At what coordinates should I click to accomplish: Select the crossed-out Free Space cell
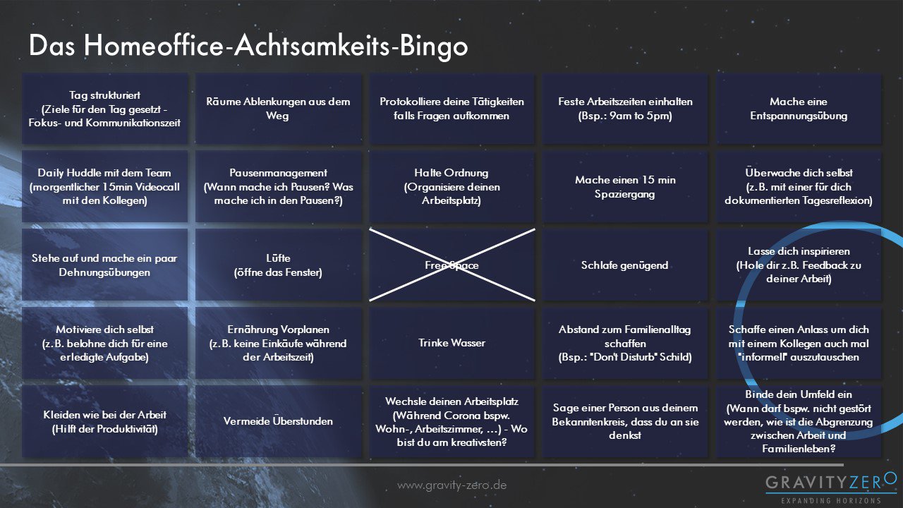[x=452, y=265]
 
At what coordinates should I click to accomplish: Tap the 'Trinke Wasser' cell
[x=452, y=343]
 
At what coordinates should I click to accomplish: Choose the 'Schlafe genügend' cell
[x=625, y=265]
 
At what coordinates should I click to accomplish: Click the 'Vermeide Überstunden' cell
[x=278, y=421]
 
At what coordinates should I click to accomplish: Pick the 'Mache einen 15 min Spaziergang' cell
[x=625, y=187]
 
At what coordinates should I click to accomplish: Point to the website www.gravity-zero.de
[x=452, y=485]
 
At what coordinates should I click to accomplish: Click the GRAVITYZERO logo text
[x=831, y=483]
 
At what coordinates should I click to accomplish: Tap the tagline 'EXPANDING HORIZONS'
[x=831, y=501]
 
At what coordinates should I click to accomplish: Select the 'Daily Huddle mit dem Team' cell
[x=105, y=187]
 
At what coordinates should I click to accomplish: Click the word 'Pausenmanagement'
[x=278, y=173]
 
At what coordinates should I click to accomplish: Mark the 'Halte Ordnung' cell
[x=452, y=187]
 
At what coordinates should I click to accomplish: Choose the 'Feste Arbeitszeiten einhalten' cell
[x=625, y=109]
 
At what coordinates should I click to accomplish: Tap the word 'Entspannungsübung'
[x=799, y=116]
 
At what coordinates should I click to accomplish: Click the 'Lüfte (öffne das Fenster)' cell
[x=278, y=265]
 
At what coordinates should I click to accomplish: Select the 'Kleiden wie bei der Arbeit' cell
[x=105, y=421]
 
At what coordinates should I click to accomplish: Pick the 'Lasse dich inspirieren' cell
[x=799, y=265]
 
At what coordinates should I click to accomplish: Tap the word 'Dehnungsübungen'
[x=105, y=272]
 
